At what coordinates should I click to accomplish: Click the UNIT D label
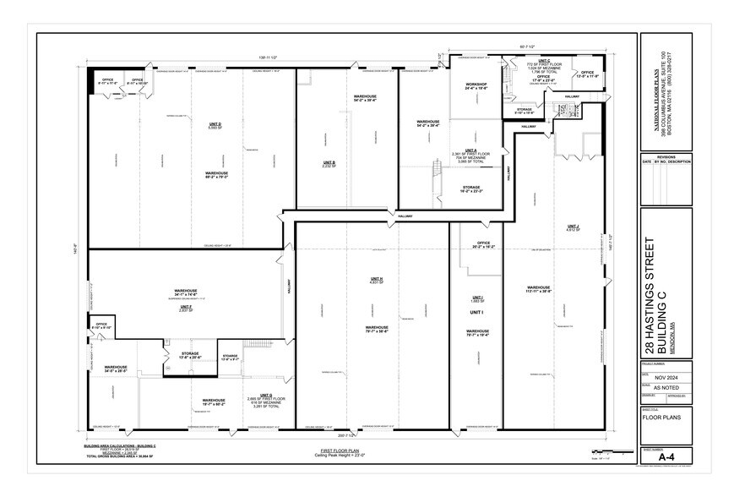215,123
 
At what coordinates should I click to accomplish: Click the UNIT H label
377,280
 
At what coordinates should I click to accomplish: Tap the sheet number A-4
666,453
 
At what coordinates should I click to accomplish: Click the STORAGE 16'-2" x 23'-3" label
471,189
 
